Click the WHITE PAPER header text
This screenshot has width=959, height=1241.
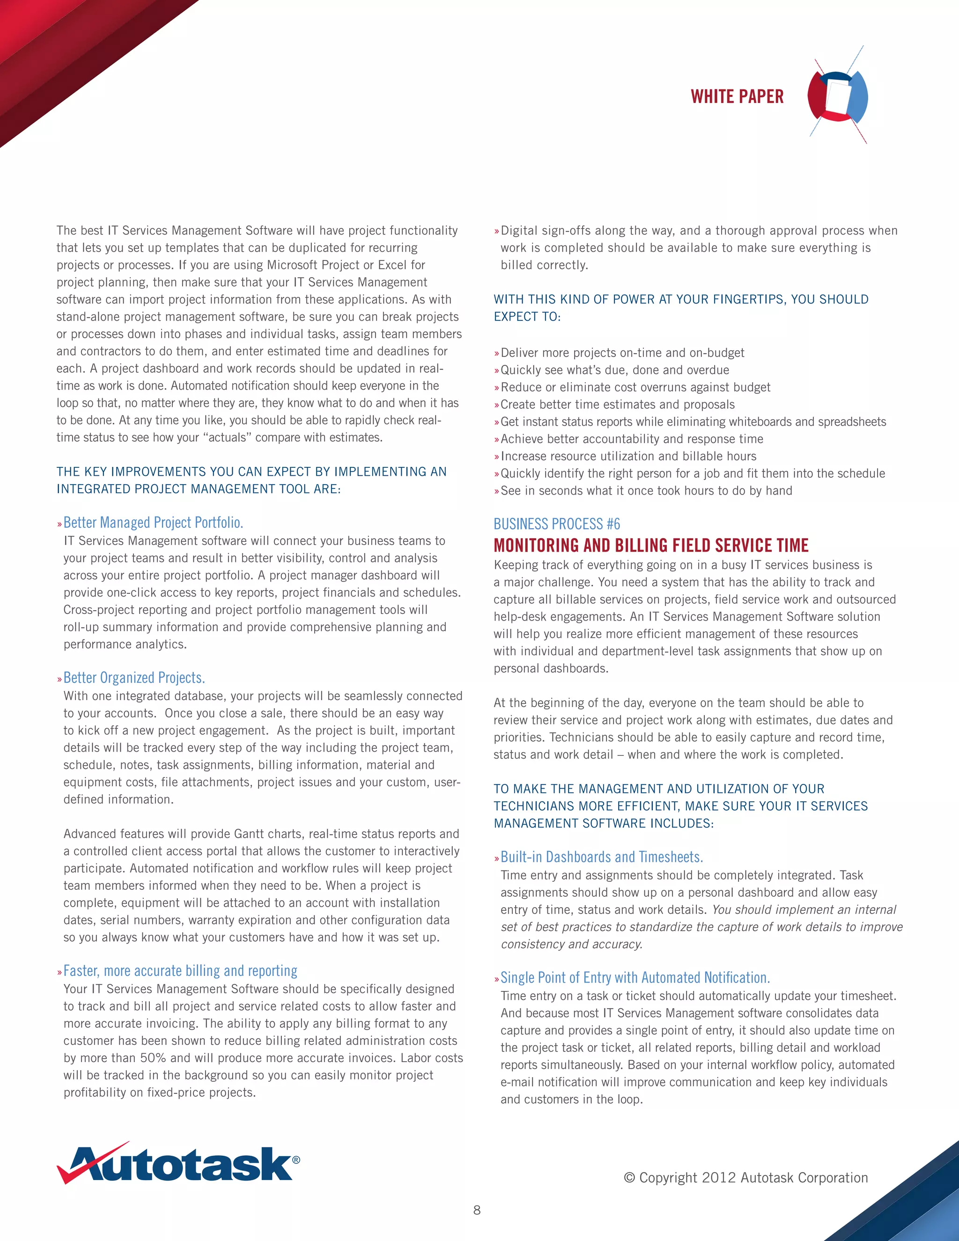[737, 96]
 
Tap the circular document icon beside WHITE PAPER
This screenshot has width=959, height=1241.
[837, 96]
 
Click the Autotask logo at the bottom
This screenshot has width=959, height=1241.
[178, 1164]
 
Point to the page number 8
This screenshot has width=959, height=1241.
[477, 1210]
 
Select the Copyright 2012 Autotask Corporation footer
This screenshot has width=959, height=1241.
[745, 1177]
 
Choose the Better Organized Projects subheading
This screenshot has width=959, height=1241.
[134, 677]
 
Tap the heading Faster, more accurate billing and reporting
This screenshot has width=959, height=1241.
[180, 970]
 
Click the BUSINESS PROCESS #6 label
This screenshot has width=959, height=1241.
[557, 524]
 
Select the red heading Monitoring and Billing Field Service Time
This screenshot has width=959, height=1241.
[651, 546]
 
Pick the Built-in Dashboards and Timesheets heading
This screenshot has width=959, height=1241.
[602, 857]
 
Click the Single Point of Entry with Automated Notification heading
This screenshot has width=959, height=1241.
[635, 977]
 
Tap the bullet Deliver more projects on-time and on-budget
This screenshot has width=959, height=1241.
[622, 353]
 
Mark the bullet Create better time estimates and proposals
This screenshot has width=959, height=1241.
[618, 405]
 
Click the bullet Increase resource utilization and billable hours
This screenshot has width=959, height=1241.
[628, 456]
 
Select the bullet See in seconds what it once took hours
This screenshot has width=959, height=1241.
[646, 491]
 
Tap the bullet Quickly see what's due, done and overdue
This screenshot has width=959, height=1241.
[615, 370]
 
